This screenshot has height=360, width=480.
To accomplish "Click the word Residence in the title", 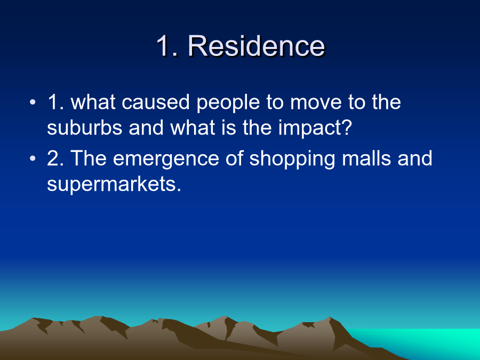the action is (x=256, y=46).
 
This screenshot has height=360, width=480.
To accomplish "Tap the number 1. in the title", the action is (x=167, y=46).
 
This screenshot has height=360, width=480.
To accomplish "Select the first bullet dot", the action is (x=33, y=102).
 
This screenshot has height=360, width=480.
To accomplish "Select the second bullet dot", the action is (x=33, y=158).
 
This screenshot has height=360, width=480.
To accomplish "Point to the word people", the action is (x=228, y=103).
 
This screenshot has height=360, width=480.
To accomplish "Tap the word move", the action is (x=315, y=102).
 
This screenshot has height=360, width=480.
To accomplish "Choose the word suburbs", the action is (x=84, y=127).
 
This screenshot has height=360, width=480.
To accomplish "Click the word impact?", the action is (x=315, y=129).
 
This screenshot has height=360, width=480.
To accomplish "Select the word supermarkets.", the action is (x=114, y=185).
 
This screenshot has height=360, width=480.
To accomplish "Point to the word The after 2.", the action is (x=89, y=158).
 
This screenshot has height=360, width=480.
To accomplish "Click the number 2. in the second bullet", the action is (x=55, y=158).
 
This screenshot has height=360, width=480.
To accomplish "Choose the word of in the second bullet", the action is (x=234, y=158).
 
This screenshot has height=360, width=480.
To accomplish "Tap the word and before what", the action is (x=146, y=127).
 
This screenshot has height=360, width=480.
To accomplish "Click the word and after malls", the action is (x=415, y=158).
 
